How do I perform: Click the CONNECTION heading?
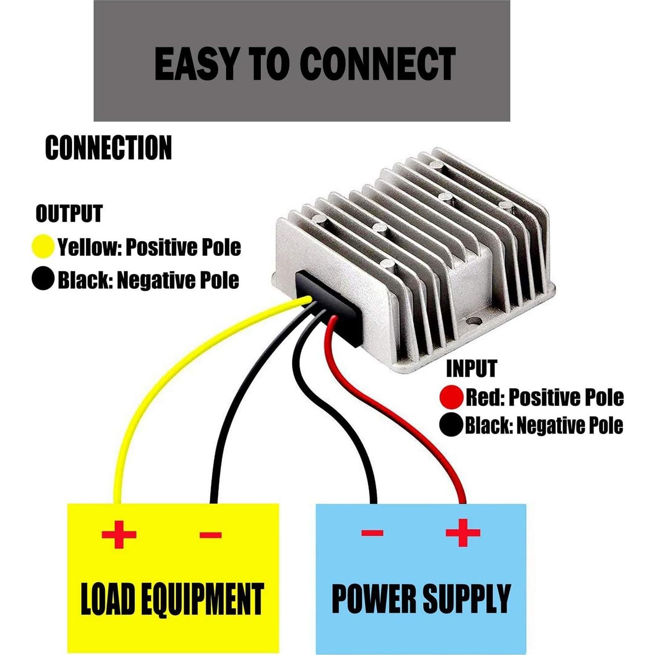(108, 148)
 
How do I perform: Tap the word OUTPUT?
(69, 214)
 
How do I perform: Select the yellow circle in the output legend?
(43, 246)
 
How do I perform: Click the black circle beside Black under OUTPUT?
(43, 279)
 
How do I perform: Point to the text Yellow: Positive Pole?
(149, 247)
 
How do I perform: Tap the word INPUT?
(471, 369)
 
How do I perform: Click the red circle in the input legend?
(451, 397)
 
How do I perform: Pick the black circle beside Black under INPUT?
(451, 425)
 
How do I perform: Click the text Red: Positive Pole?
(544, 397)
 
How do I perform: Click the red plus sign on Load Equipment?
(119, 534)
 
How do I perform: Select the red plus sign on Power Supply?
(463, 533)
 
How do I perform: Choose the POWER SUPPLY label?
(421, 598)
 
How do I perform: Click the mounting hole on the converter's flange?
(473, 322)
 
